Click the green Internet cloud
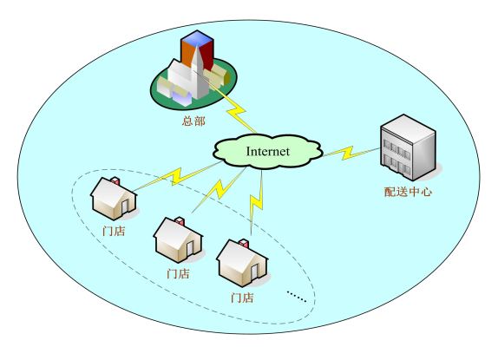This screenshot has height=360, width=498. tap(267, 151)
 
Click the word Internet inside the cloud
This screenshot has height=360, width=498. tap(268, 152)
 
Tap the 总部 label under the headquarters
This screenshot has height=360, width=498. tap(193, 121)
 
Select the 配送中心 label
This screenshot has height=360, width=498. tap(408, 192)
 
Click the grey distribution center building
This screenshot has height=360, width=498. tap(408, 147)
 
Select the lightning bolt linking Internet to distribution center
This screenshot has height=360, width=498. tap(351, 153)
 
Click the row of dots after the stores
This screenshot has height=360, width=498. tap(297, 297)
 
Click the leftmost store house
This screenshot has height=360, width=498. tap(114, 199)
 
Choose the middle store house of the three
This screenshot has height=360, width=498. tap(178, 239)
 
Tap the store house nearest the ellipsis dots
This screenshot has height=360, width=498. tap(242, 263)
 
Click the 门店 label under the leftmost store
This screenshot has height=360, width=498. tap(114, 231)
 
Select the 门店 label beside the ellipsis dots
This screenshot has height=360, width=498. tap(242, 298)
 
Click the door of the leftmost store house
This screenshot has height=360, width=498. tap(124, 206)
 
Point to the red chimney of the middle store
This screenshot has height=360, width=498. tap(180, 221)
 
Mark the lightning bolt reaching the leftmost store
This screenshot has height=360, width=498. tap(176, 177)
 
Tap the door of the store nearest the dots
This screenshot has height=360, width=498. tap(254, 272)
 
